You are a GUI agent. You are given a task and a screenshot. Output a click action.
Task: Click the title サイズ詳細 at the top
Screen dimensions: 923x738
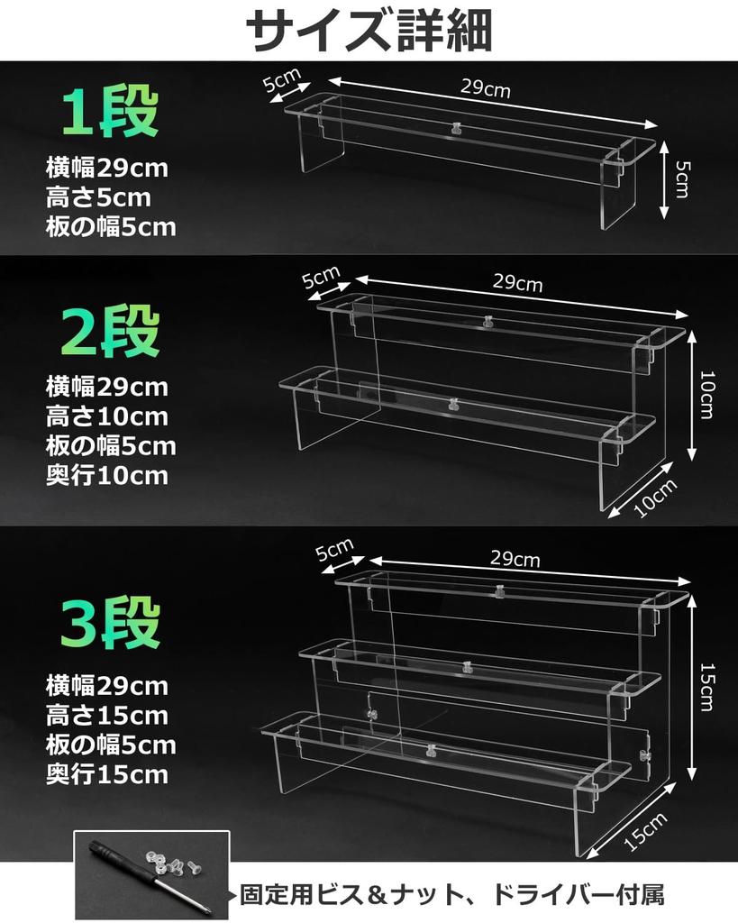[369, 32]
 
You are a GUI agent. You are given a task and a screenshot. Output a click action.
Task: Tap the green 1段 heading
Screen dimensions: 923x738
[109, 113]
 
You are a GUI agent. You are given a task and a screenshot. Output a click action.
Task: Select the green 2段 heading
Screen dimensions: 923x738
[110, 332]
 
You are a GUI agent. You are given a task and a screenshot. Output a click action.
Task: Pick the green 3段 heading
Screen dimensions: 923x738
[110, 621]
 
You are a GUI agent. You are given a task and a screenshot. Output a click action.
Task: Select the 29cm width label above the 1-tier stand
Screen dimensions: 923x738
[486, 87]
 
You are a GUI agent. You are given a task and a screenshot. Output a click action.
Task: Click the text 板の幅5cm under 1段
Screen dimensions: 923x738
[110, 226]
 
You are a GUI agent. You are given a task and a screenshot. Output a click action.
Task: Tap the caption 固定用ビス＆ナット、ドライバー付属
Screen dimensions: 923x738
[452, 896]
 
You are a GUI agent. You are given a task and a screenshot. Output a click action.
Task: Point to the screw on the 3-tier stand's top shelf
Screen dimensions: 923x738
[497, 591]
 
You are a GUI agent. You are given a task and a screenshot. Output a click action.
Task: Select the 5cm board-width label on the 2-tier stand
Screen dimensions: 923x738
[321, 277]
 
